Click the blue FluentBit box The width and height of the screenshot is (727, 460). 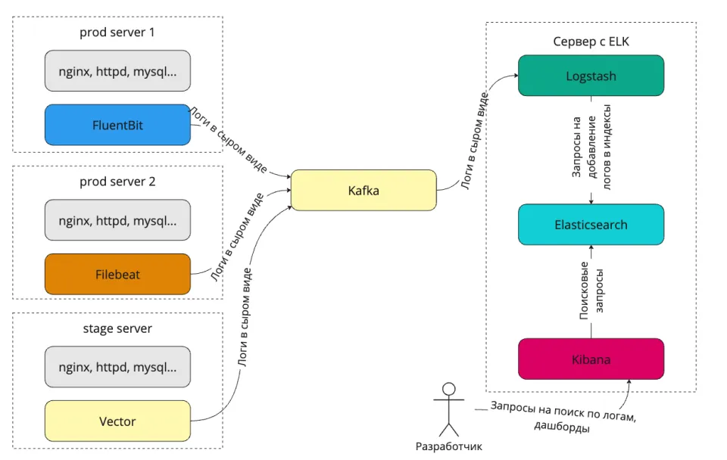click(x=117, y=125)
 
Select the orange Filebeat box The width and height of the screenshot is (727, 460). click(x=117, y=274)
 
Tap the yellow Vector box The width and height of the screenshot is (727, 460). click(x=117, y=421)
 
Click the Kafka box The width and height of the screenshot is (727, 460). click(x=363, y=190)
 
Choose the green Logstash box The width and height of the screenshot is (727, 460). click(x=591, y=76)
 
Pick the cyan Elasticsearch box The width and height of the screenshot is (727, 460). click(x=591, y=225)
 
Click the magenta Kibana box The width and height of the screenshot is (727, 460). click(x=591, y=359)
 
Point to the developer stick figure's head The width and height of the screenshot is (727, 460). click(x=448, y=390)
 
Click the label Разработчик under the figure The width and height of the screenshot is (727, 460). click(x=449, y=446)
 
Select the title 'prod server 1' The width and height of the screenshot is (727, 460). click(x=117, y=33)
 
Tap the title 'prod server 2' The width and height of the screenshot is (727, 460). click(x=117, y=182)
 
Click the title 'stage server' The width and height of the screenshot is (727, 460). click(x=117, y=328)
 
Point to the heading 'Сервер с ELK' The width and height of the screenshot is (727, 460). click(x=591, y=42)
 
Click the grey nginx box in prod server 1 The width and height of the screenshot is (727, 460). click(x=117, y=71)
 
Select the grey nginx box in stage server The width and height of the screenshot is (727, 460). click(x=117, y=368)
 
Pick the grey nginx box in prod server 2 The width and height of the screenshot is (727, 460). click(x=117, y=221)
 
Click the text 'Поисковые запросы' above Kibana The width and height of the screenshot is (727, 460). click(x=591, y=291)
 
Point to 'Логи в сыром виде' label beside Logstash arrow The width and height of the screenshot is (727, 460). click(x=477, y=144)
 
